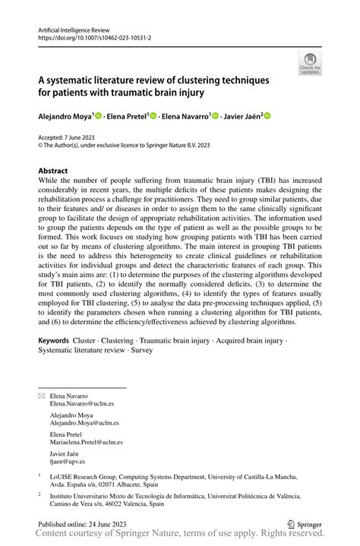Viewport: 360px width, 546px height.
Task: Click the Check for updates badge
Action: coord(310,64)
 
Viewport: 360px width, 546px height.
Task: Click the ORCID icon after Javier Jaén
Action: coord(267,116)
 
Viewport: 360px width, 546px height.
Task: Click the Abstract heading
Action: coord(53,171)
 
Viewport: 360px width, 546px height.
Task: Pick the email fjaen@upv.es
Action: coord(68,461)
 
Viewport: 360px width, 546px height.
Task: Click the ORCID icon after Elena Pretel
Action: coord(153,116)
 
